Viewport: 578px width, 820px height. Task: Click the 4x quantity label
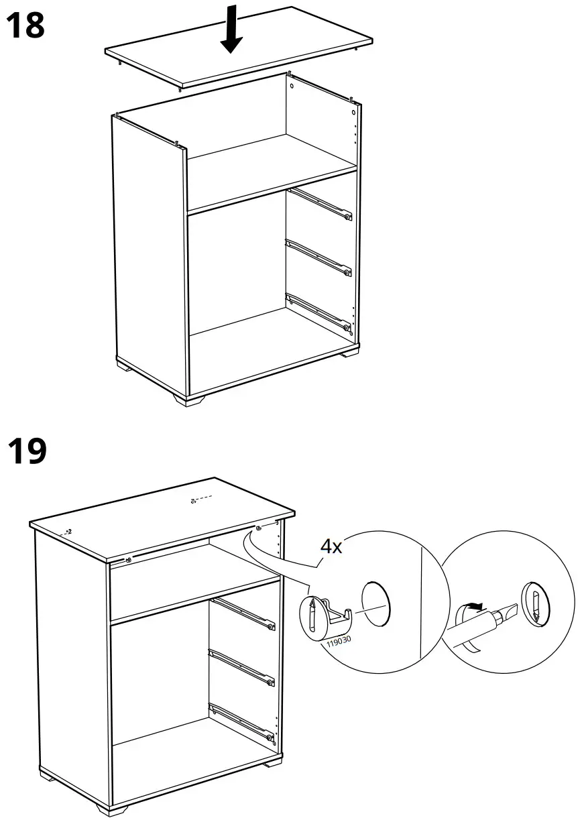(331, 546)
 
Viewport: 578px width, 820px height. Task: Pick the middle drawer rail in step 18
(319, 258)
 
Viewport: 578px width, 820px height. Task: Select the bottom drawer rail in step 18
(319, 312)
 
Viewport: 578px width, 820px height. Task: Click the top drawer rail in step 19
(241, 613)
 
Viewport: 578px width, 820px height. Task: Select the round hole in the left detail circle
(375, 603)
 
